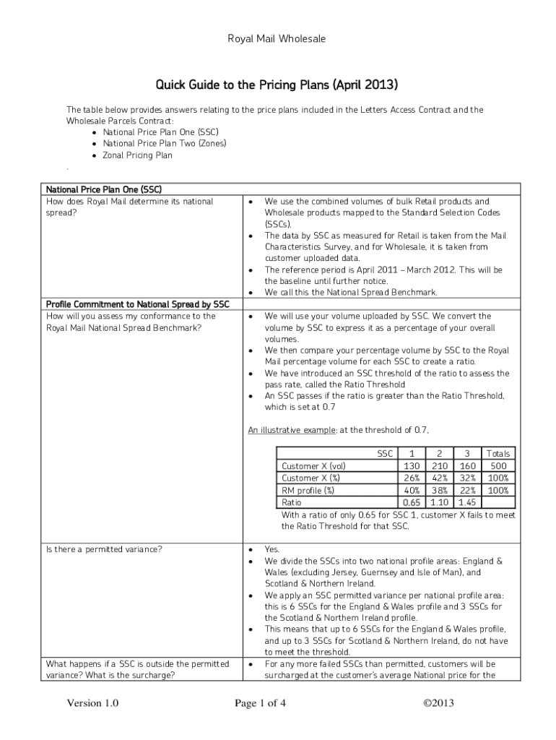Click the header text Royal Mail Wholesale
pyautogui.click(x=277, y=39)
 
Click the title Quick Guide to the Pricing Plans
pyautogui.click(x=277, y=85)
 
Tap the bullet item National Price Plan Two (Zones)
pyautogui.click(x=165, y=143)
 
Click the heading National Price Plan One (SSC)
pyautogui.click(x=101, y=190)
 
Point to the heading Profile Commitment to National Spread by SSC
pyautogui.click(x=137, y=304)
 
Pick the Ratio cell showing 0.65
pyautogui.click(x=412, y=502)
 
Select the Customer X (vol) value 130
pyautogui.click(x=412, y=466)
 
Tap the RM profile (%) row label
pyautogui.click(x=308, y=490)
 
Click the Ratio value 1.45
pyautogui.click(x=466, y=502)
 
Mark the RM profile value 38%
pyautogui.click(x=439, y=490)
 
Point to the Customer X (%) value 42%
pyautogui.click(x=439, y=478)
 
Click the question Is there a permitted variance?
pyautogui.click(x=104, y=549)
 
